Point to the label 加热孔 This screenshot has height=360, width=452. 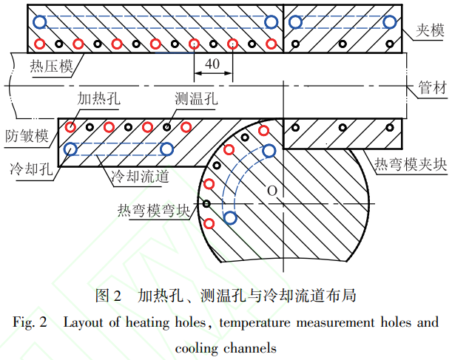94,98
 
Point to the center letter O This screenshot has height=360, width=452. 271,191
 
